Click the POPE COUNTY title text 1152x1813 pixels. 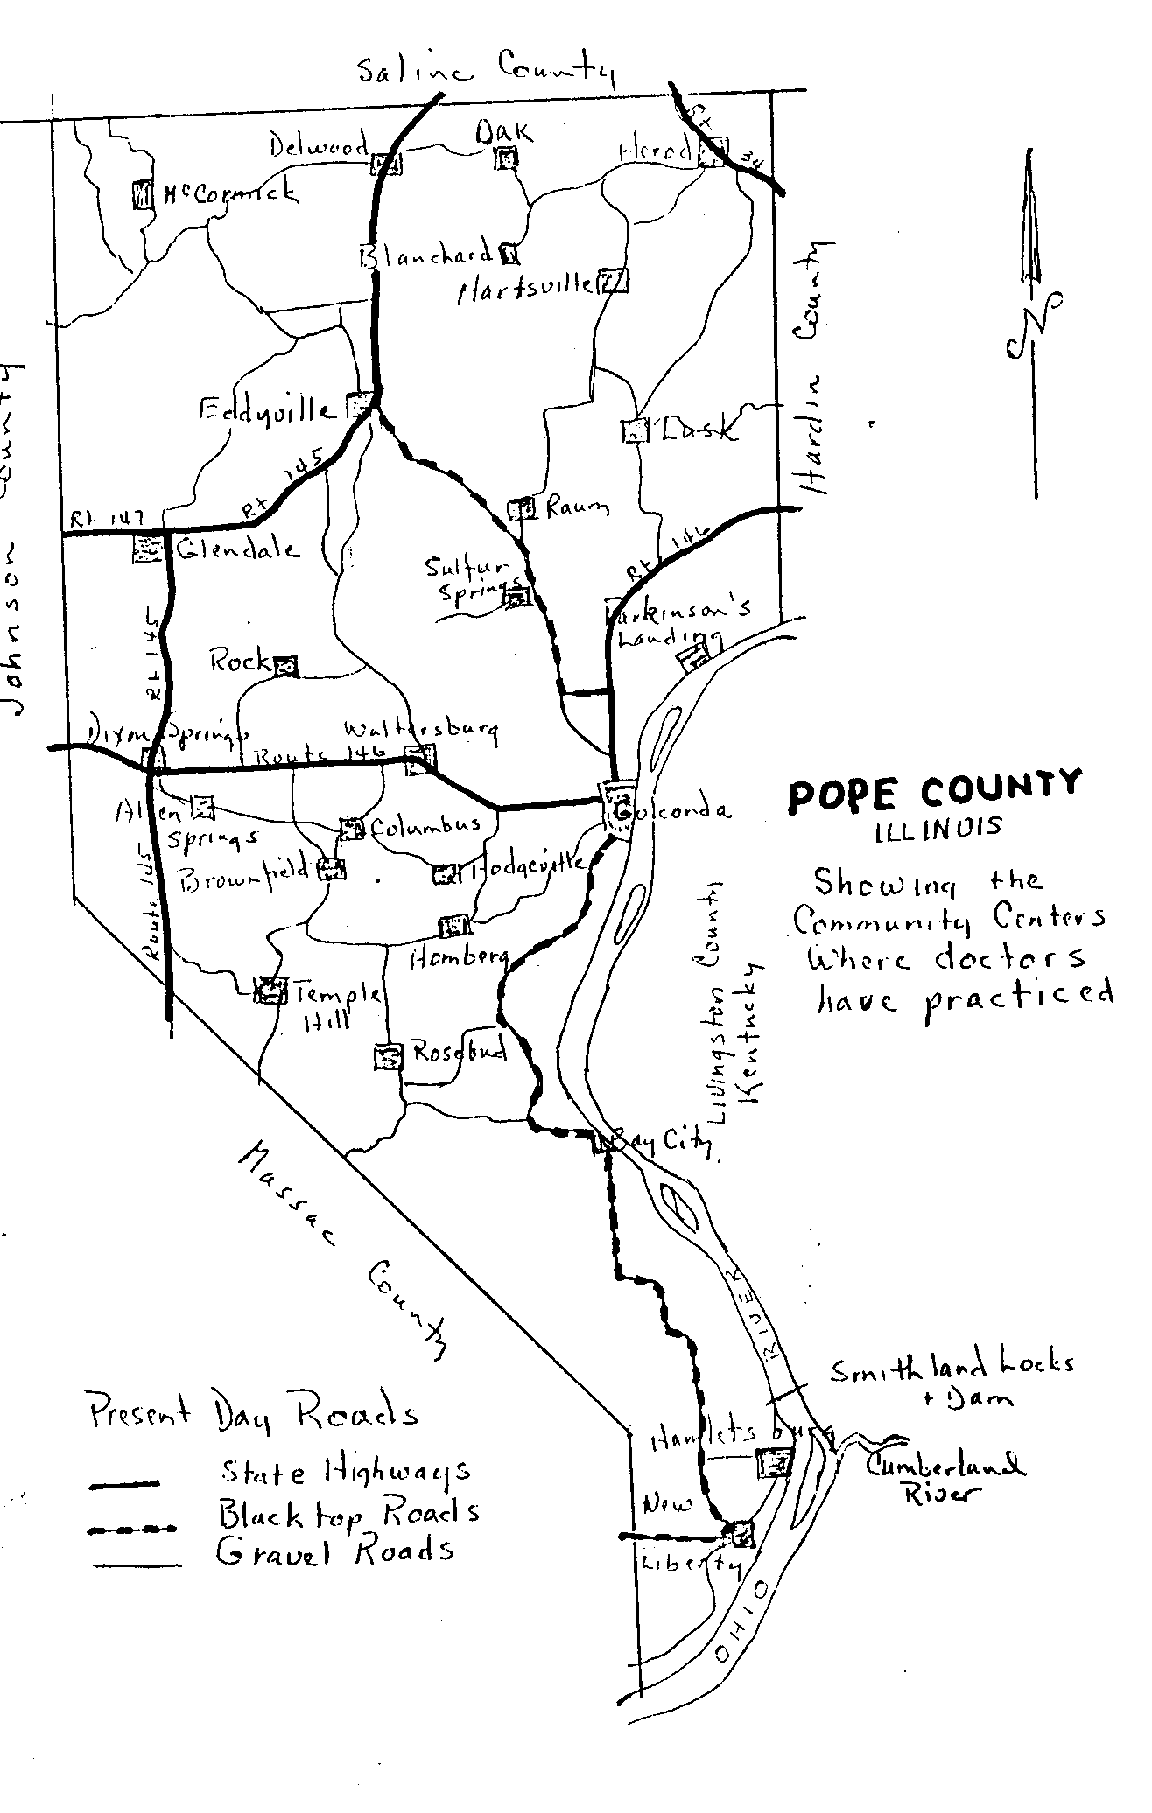pos(934,792)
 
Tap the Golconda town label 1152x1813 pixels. pos(674,811)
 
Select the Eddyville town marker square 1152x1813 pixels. pos(358,405)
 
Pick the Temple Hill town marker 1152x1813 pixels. pos(270,990)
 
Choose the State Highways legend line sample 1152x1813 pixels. pos(123,1483)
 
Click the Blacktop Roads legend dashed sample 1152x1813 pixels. pos(132,1529)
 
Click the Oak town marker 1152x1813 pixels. pos(507,158)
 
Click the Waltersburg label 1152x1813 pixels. pos(421,730)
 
